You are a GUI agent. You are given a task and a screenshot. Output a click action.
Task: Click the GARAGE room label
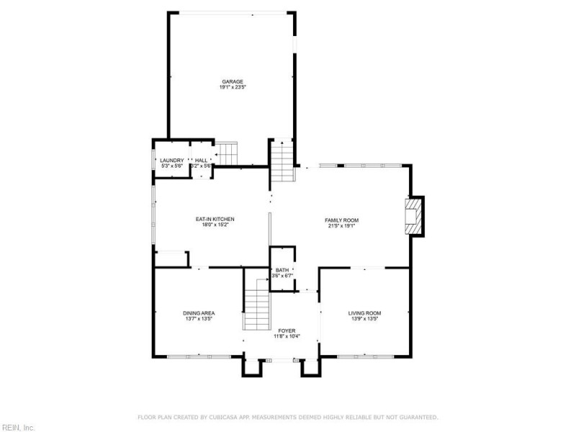coord(232,81)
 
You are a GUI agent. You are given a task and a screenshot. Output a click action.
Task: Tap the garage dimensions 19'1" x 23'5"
coord(232,87)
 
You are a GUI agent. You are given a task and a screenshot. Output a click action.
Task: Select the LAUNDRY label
coord(171,160)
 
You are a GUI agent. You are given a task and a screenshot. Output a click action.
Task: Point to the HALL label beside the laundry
coord(201,160)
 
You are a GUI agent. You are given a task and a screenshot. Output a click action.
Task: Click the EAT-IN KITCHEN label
coord(215,219)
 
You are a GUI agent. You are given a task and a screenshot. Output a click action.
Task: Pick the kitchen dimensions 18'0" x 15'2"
coord(215,225)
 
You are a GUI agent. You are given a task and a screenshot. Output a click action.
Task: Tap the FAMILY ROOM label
coord(342,220)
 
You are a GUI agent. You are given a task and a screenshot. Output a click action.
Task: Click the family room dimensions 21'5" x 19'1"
coord(342,225)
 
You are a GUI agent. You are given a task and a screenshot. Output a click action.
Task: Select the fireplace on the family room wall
coord(414,216)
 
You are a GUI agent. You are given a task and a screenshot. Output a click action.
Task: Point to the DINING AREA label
coord(199,312)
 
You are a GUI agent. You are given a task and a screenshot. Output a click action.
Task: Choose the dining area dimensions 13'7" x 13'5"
coord(199,318)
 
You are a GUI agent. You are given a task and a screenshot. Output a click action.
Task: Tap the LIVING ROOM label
coord(364,312)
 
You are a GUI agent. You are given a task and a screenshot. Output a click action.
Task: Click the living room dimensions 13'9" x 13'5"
coord(364,318)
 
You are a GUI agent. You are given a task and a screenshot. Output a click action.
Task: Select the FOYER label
coord(286,330)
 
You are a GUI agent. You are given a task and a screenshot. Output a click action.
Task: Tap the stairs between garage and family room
coord(282,160)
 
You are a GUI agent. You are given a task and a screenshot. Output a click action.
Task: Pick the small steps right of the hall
coord(228,153)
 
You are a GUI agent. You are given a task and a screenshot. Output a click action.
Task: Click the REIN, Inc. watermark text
coord(17,427)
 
